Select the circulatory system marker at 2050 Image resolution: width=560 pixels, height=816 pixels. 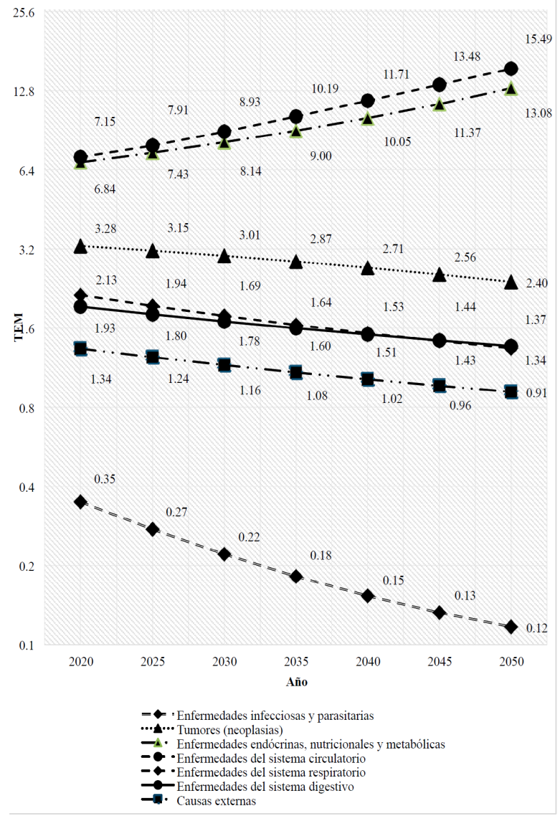pos(511,69)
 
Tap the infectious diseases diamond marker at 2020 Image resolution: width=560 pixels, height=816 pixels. pos(80,502)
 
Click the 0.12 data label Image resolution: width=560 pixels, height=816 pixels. pos(537,628)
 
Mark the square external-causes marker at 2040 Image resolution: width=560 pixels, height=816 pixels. pos(367,379)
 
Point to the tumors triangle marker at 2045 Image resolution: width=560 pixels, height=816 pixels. pos(439,275)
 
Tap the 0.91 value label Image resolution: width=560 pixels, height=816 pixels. pos(537,393)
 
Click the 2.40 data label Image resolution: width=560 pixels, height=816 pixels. pos(537,283)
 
